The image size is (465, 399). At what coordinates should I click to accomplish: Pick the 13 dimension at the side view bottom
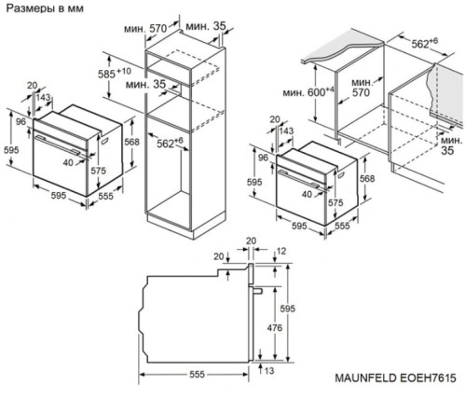tap(267, 372)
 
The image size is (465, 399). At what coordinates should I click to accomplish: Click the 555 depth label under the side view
tap(193, 375)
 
